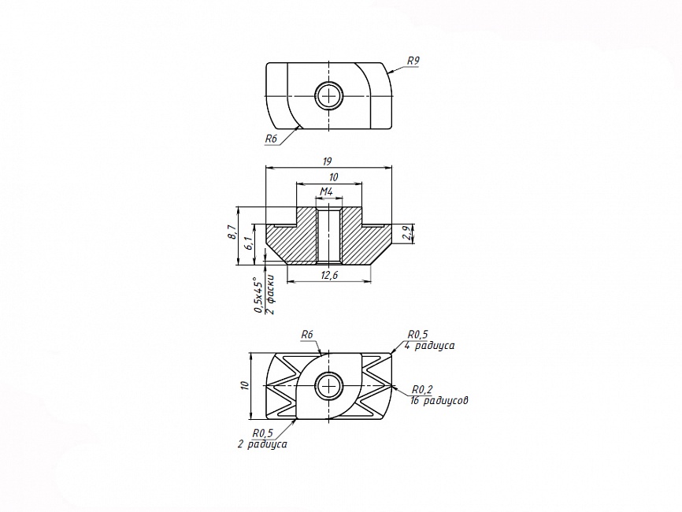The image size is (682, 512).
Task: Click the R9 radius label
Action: point(413,61)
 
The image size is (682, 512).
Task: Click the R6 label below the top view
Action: point(271,139)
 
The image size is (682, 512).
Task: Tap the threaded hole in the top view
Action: point(329,95)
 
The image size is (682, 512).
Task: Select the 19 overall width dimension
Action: point(328,161)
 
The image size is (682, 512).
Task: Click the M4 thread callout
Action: point(327,191)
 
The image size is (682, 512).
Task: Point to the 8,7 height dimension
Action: point(233,232)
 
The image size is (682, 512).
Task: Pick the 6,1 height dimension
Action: point(248,243)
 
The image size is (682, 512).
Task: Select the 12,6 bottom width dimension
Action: point(329,275)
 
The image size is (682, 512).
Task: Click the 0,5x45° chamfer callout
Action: point(258,297)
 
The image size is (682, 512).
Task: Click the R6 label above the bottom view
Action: point(307,335)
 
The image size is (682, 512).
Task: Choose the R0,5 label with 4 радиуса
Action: point(417,334)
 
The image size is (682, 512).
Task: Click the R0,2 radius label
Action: point(423,388)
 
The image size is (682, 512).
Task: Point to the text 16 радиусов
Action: point(439,400)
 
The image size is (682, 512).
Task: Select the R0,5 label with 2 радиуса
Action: point(263,432)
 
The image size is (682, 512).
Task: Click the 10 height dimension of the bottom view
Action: point(244,385)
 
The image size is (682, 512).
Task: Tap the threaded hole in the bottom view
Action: point(329,386)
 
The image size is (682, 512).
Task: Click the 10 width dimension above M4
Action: point(334,177)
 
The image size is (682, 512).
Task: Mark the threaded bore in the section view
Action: point(329,236)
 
